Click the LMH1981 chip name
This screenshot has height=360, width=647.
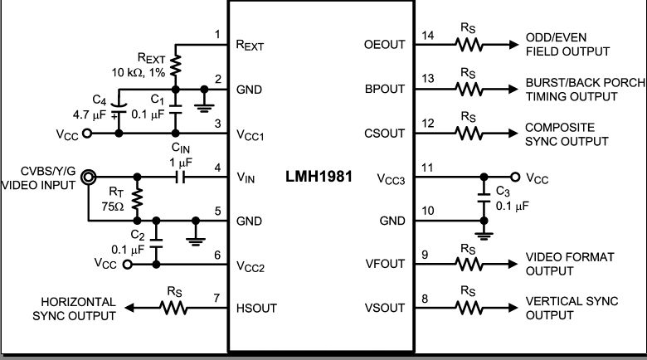coord(319,177)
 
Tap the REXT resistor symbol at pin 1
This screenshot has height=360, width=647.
coord(175,66)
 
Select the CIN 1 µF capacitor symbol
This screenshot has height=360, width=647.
coord(180,178)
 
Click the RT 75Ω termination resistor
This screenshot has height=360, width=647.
coord(137,198)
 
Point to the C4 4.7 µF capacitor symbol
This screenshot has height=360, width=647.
coord(119,109)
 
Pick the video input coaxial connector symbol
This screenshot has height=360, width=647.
coord(88,178)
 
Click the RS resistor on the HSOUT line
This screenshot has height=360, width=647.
coord(173,308)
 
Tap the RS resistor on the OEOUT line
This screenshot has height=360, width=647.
coord(469,45)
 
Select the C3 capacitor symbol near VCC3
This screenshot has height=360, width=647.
coord(484,197)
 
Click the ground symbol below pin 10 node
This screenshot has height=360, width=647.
coord(484,236)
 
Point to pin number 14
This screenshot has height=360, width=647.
coord(427,36)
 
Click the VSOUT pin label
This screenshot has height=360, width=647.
coord(384,309)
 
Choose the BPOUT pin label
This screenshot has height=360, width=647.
coord(385,90)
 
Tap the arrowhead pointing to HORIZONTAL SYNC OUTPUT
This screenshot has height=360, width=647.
coord(129,308)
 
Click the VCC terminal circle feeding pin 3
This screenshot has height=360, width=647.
coord(86,134)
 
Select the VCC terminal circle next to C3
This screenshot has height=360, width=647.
coord(515,178)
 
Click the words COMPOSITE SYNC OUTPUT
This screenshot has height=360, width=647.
coord(567,134)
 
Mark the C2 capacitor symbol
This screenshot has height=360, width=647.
coord(156,243)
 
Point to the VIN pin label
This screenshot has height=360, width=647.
coord(246,178)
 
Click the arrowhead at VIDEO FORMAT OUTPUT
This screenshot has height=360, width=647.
coord(513,265)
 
